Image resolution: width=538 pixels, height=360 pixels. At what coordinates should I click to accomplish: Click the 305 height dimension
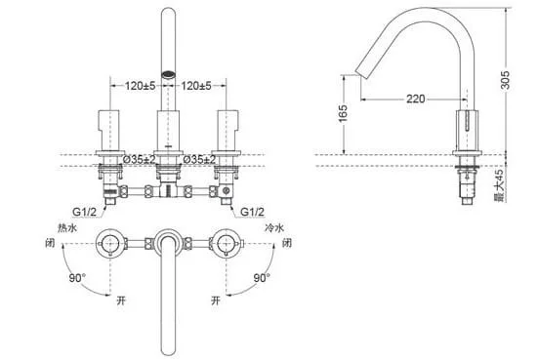pos(506,80)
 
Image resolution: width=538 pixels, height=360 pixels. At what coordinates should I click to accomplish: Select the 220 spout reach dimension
pos(416,99)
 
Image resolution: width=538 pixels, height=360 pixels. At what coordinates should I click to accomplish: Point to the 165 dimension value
pos(343,113)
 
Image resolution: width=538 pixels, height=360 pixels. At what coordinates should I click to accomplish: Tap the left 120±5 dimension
pos(141,86)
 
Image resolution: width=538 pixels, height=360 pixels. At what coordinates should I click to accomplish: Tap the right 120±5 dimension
pos(196,86)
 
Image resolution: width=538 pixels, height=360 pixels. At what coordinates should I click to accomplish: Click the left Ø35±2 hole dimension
pos(140,159)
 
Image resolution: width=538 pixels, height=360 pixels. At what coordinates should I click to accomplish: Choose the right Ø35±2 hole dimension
pos(199,159)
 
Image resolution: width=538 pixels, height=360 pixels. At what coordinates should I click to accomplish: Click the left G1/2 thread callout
pos(84,212)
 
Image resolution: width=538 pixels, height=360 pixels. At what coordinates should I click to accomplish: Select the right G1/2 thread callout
pos(253,212)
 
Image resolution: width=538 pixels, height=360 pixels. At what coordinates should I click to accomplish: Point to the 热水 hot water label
pos(67,228)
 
